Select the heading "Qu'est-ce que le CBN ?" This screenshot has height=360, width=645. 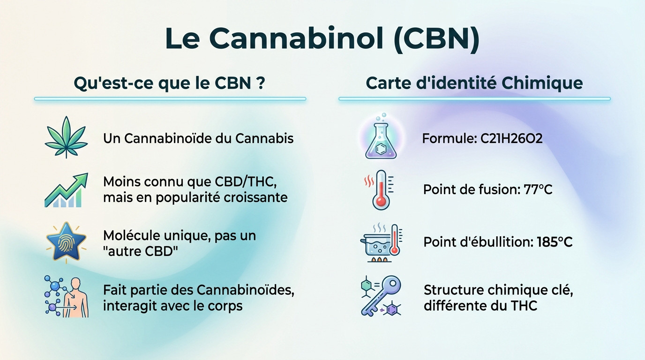[x=170, y=83]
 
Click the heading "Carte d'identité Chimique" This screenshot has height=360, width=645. [x=474, y=83]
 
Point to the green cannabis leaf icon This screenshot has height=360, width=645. [x=66, y=137]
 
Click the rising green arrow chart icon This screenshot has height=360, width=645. [x=66, y=190]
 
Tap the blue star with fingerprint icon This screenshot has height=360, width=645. [x=66, y=242]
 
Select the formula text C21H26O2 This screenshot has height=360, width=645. [x=511, y=139]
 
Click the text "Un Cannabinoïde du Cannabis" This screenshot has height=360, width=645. [x=198, y=139]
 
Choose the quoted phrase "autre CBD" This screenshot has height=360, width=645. [x=142, y=251]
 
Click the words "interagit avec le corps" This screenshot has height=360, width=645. [x=173, y=306]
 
